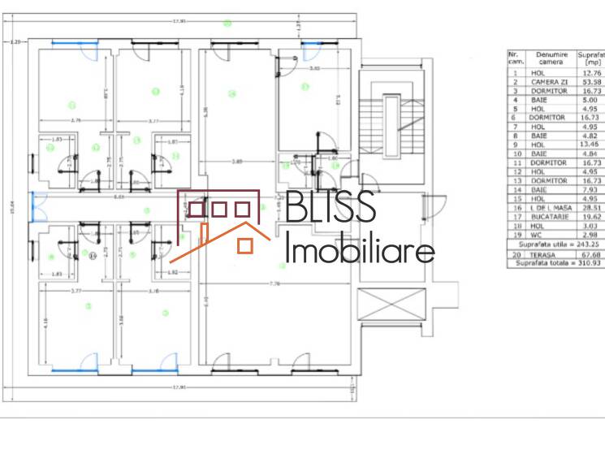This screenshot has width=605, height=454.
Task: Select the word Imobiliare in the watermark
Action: (359, 250)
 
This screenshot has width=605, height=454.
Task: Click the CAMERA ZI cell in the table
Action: (549, 82)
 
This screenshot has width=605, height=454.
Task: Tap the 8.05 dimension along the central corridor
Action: (119, 197)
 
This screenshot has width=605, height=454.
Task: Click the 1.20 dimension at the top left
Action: (14, 41)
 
